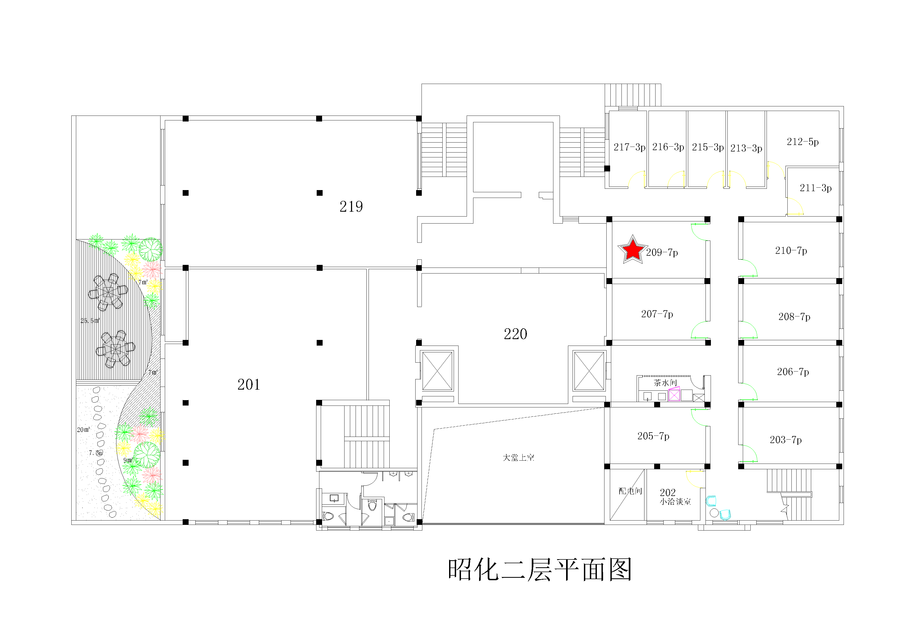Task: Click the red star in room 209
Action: (632, 250)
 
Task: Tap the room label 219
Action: (351, 207)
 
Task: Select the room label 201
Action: (249, 384)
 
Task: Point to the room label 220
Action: (516, 334)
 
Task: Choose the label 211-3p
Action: (815, 188)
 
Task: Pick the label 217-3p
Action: (629, 147)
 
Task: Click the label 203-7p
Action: (785, 440)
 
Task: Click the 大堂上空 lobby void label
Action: (518, 457)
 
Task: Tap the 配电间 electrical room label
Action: (630, 491)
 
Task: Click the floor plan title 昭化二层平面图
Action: (539, 570)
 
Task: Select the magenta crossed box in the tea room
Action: (674, 394)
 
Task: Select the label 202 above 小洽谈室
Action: (667, 492)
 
